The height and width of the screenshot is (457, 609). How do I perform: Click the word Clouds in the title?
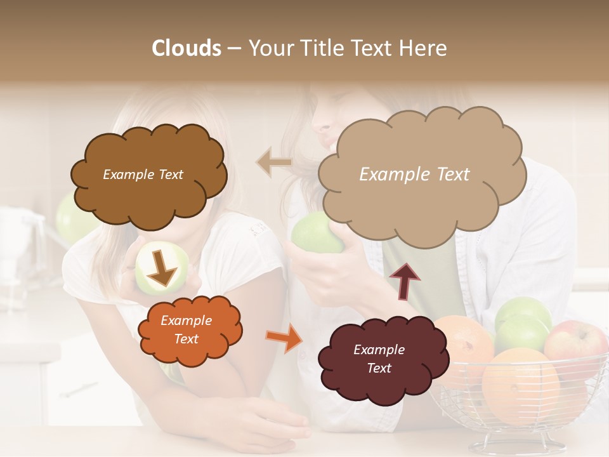(x=187, y=48)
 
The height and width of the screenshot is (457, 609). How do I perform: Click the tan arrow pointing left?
(x=274, y=162)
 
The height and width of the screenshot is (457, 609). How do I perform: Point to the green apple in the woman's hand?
(x=314, y=234)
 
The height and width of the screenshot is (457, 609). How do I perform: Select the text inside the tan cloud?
(x=414, y=175)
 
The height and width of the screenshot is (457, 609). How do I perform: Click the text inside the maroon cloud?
(x=379, y=359)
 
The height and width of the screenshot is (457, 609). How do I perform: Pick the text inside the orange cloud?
(x=186, y=330)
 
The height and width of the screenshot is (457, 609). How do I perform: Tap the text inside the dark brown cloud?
(x=143, y=175)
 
